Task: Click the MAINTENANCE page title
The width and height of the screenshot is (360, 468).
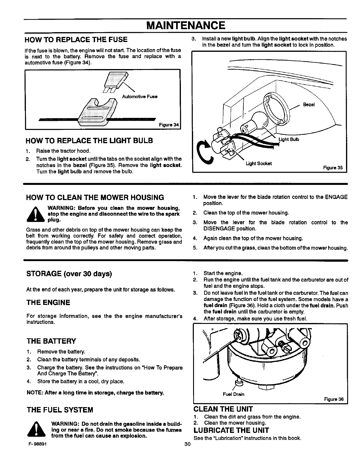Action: click(x=185, y=25)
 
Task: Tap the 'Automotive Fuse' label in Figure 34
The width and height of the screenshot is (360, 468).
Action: click(x=140, y=96)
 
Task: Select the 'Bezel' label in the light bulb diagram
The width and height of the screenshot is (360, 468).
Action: click(x=309, y=104)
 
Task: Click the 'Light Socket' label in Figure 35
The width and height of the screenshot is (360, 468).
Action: click(x=259, y=163)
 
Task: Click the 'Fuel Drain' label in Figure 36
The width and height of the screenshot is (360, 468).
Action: click(x=234, y=394)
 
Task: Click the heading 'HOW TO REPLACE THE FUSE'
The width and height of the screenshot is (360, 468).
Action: click(x=77, y=40)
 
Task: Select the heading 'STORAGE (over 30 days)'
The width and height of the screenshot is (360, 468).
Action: click(x=69, y=274)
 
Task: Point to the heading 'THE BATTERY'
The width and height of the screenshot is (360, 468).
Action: click(x=51, y=341)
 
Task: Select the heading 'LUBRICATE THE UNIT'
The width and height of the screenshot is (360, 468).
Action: click(x=231, y=430)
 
